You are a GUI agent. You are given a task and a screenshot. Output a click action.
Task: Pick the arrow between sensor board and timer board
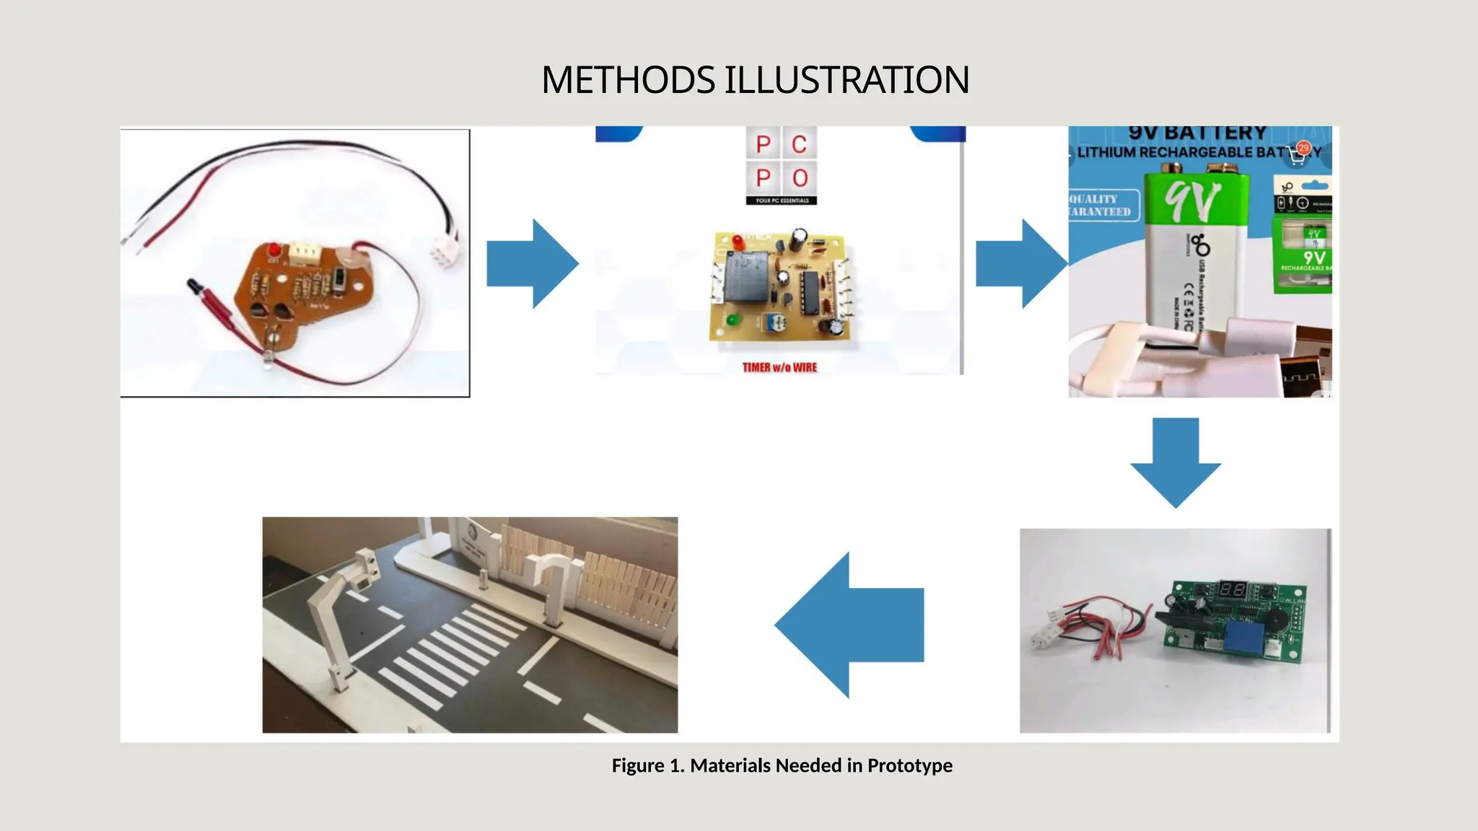pos(533,264)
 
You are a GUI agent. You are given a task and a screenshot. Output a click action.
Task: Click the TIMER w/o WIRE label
pos(779,367)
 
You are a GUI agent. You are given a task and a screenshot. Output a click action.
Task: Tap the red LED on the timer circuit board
pos(738,241)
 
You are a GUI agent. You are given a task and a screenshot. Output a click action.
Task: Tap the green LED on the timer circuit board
pos(732,320)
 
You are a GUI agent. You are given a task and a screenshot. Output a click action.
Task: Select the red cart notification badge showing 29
pos(1303,148)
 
